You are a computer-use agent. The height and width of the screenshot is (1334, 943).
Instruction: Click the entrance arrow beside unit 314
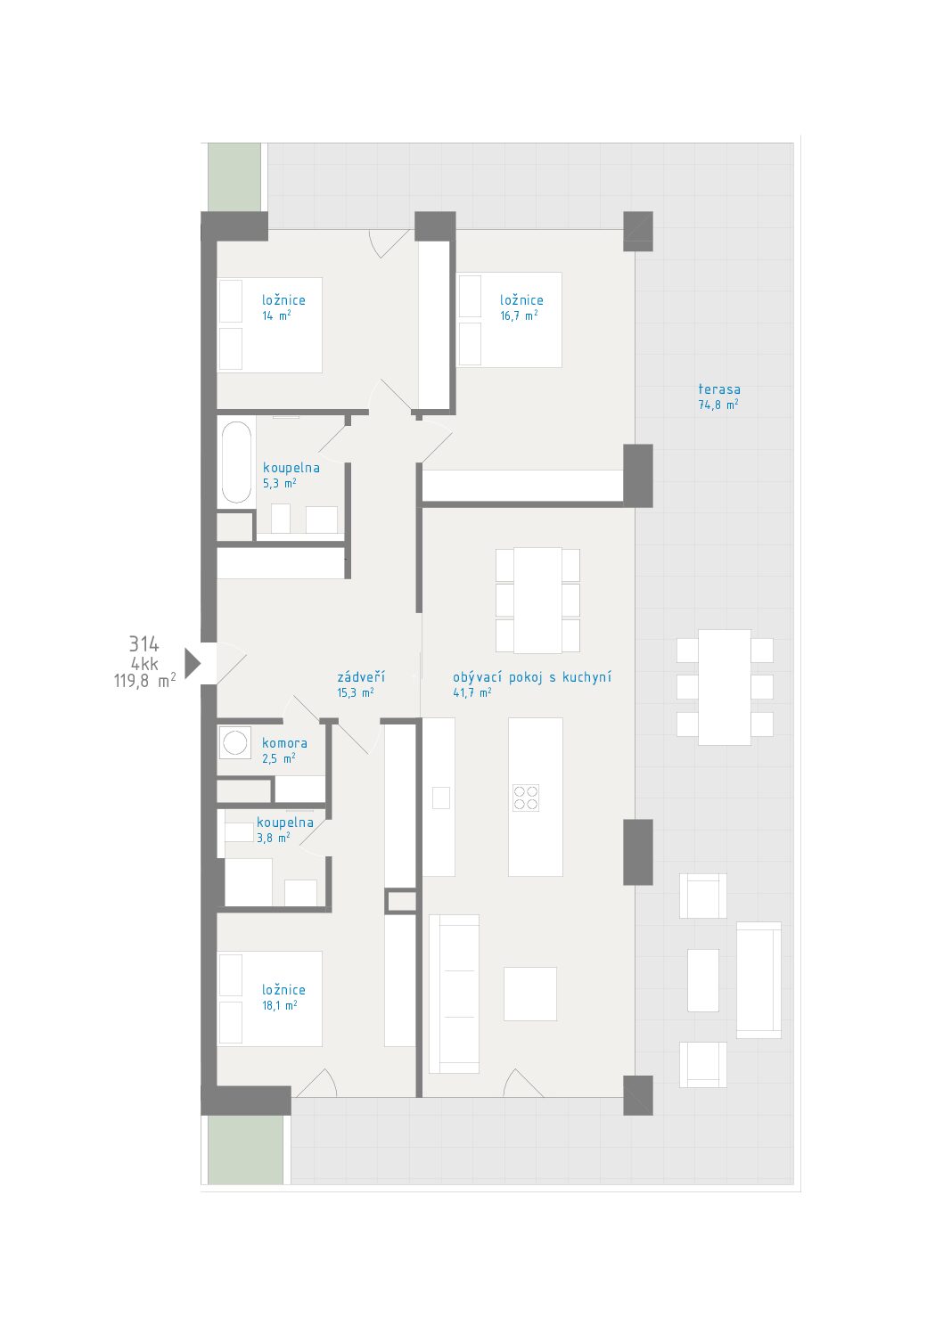coord(192,663)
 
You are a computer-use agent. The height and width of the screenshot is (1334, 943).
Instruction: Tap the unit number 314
coord(144,643)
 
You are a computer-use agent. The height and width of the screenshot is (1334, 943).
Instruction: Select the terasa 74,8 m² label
coord(719,397)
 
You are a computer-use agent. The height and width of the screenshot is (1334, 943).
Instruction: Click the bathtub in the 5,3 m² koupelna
coord(236,462)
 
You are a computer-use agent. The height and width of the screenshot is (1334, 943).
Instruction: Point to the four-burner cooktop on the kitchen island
coord(526,798)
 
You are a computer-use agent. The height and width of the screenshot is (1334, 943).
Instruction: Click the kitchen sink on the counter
coord(441,798)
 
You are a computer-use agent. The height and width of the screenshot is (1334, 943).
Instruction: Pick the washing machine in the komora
coord(234,742)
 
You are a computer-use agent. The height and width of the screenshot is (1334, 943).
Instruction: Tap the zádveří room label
coord(361,676)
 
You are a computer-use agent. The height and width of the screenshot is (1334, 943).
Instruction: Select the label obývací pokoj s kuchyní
coord(532,677)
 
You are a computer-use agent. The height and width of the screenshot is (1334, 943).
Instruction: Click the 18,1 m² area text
coord(279,1005)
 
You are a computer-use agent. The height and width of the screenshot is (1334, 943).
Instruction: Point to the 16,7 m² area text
coord(519,315)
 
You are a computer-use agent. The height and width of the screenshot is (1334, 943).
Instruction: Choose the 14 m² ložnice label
coord(283,307)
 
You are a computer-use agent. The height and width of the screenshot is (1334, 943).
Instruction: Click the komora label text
coord(284,743)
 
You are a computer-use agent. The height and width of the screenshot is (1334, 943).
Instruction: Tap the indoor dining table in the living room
coord(537,601)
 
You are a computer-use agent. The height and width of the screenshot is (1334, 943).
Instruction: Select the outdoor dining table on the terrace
coord(725,687)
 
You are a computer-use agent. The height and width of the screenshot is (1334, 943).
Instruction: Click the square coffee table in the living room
coord(530,994)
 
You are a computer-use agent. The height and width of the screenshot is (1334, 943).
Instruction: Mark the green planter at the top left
coord(234,176)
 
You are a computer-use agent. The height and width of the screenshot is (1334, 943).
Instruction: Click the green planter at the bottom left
coord(245,1150)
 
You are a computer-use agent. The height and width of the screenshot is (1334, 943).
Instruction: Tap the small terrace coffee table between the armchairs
coord(703,980)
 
